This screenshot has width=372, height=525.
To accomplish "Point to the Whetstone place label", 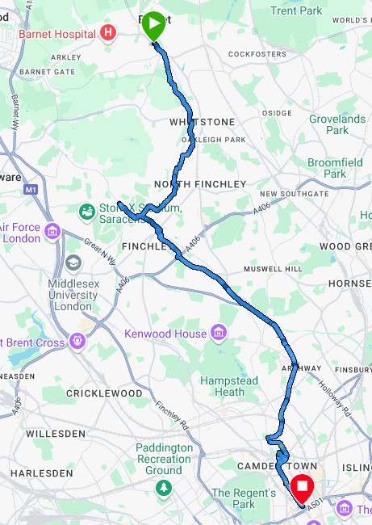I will [x=202, y=122].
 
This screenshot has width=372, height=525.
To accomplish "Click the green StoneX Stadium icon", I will [x=86, y=212].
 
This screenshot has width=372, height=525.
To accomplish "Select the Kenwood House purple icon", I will [x=218, y=333].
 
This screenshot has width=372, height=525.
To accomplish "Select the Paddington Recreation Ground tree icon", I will [x=165, y=488].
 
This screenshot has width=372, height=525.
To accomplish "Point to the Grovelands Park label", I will [x=336, y=124].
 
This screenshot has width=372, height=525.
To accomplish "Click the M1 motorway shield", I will [x=31, y=189].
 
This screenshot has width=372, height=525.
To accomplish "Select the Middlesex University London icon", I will [x=74, y=262].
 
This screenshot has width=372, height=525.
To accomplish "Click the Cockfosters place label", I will [x=257, y=54].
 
